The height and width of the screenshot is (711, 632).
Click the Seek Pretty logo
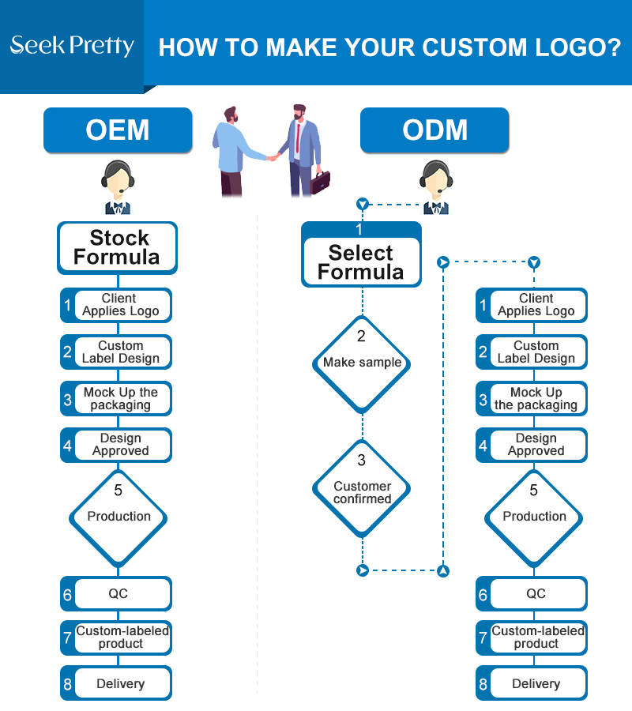(72, 46)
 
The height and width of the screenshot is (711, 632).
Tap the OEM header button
(118, 130)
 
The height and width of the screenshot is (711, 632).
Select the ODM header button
(434, 130)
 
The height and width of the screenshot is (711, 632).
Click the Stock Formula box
(118, 247)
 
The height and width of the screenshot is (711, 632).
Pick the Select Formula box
(361, 254)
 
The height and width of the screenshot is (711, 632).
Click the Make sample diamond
(362, 363)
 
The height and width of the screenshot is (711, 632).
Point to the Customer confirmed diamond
(362, 488)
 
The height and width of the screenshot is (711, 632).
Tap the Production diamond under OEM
(118, 517)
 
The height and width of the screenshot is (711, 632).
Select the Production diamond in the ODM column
(534, 517)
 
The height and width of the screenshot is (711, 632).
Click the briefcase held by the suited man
(320, 182)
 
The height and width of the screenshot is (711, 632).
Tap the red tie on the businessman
(298, 137)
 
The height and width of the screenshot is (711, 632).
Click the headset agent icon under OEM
(118, 186)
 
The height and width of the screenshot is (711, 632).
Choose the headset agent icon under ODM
(436, 186)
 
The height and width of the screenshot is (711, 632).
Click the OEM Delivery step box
(116, 683)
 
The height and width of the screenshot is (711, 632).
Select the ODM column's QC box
(532, 593)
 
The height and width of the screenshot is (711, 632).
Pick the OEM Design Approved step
(116, 445)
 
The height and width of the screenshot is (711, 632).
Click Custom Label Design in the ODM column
(532, 352)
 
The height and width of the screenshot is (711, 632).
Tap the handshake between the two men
(273, 157)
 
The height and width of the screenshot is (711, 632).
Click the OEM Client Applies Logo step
(116, 305)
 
